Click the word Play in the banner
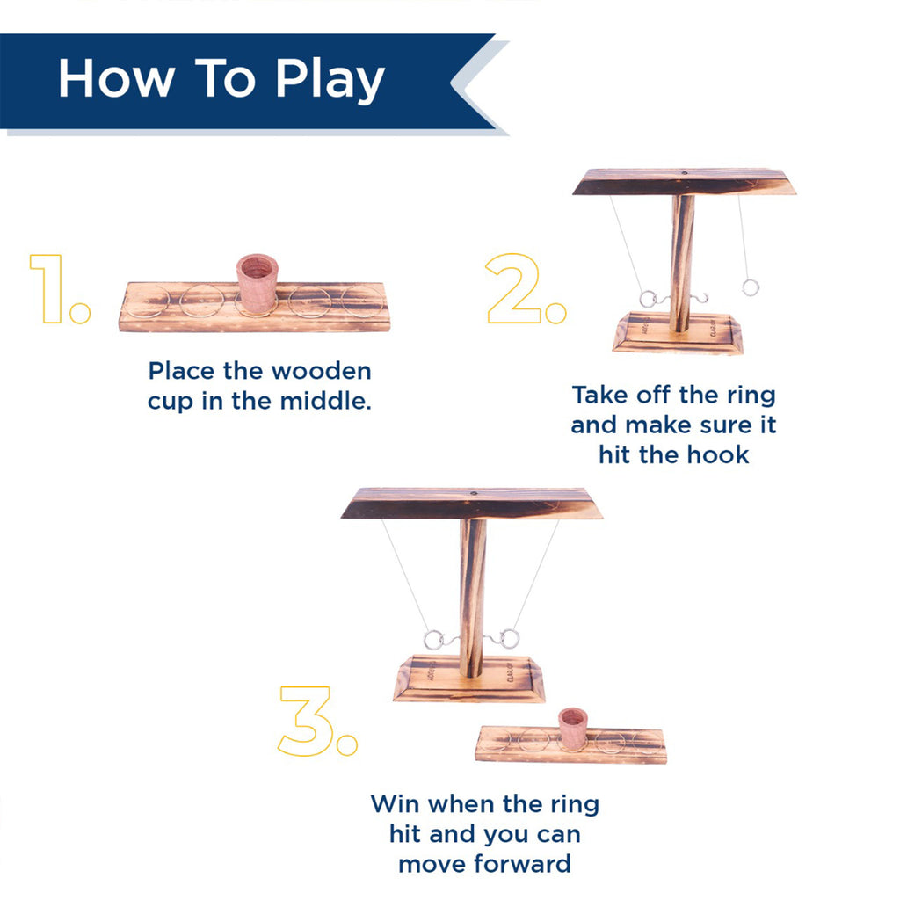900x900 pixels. pyautogui.click(x=330, y=80)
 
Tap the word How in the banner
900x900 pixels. pyautogui.click(x=117, y=78)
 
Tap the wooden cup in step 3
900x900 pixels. pyautogui.click(x=573, y=729)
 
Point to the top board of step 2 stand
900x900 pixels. pyautogui.click(x=684, y=182)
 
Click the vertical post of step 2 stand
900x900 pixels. pyautogui.click(x=681, y=263)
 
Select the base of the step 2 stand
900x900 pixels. pyautogui.click(x=678, y=333)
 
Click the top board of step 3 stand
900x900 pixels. pyautogui.click(x=472, y=504)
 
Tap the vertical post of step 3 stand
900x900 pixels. pyautogui.click(x=472, y=598)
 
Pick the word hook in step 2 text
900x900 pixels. pyautogui.click(x=718, y=455)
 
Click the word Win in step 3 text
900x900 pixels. pyautogui.click(x=396, y=803)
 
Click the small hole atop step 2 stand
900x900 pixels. pyautogui.click(x=684, y=172)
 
